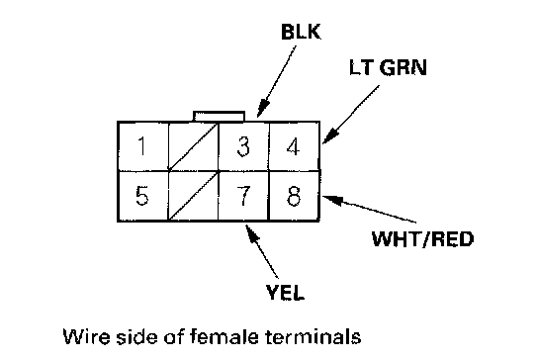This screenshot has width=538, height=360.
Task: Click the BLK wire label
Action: pos(301,32)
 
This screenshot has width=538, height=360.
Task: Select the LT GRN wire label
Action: pos(388,67)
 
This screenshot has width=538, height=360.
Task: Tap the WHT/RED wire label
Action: pos(422,239)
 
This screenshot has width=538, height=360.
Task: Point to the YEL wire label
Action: pos(285,293)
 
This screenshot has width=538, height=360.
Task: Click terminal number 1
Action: pos(141,145)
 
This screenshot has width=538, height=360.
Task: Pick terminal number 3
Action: pos(243,146)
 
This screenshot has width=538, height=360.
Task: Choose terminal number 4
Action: pos(294,146)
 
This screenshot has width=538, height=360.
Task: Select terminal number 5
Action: pos(142,196)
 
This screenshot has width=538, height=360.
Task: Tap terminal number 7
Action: pos(243,196)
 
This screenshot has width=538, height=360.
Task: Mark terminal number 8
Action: pos(294,196)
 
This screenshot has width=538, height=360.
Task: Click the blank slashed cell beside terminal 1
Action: pos(193,146)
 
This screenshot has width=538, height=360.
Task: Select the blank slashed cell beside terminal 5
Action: pos(193,196)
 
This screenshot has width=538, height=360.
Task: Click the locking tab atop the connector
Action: pos(219,116)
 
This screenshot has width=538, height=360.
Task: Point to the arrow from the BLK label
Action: pos(277,82)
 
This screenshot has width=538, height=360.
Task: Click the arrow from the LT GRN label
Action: pos(351,115)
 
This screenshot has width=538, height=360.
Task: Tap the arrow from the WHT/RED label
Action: pos(369,209)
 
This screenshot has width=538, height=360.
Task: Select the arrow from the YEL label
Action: pos(261,251)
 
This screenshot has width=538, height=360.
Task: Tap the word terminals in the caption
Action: pos(314,336)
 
